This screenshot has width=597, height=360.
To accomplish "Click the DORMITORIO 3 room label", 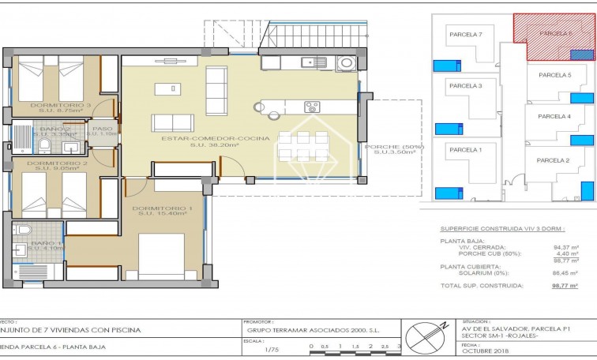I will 60,104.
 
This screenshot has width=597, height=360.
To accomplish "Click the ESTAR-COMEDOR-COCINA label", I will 215,138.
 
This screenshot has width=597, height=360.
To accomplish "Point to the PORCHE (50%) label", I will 394,147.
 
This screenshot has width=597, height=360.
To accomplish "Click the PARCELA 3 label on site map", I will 465,85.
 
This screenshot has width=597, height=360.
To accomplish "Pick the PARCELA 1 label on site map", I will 465,149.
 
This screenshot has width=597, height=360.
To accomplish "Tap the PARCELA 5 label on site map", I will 554,75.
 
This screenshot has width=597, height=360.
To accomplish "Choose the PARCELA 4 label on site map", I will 554,116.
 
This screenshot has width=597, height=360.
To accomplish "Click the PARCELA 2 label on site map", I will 553,160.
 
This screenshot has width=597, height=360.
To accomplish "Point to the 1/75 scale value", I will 272,348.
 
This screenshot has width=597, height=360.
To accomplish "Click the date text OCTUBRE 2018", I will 482,353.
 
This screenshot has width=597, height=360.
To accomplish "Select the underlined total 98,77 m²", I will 564,286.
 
